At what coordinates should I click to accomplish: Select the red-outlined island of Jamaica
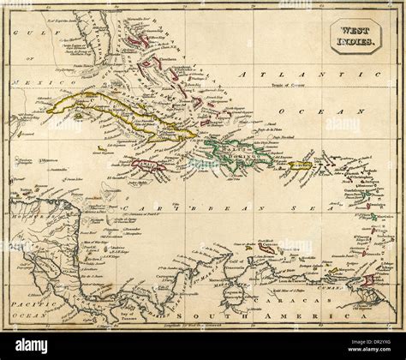147,165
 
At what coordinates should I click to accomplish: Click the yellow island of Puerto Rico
300,165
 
